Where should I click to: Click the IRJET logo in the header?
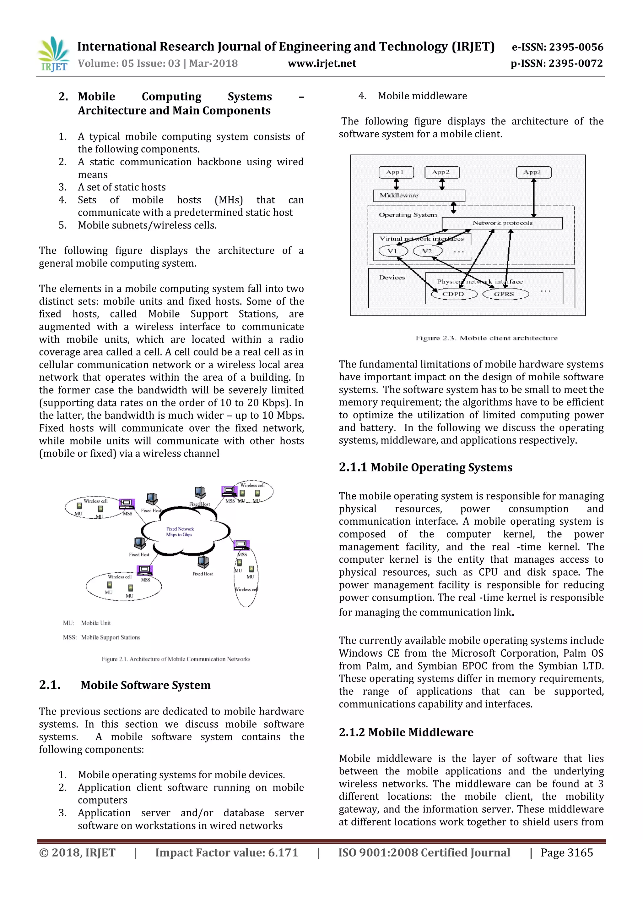(53, 55)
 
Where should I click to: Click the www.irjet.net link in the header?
(322, 63)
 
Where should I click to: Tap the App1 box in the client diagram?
(396, 172)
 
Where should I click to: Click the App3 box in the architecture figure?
(533, 172)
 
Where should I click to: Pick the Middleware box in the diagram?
(419, 196)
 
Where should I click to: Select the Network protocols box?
(502, 223)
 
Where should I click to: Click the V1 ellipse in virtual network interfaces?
(393, 251)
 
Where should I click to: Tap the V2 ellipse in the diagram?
(427, 251)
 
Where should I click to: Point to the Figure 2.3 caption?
(487, 338)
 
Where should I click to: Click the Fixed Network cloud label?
(180, 532)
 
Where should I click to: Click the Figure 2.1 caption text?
(176, 659)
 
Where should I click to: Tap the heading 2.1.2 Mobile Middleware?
(406, 732)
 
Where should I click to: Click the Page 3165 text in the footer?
(567, 852)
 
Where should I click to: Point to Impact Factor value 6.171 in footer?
(226, 852)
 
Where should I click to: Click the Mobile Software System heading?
(146, 685)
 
